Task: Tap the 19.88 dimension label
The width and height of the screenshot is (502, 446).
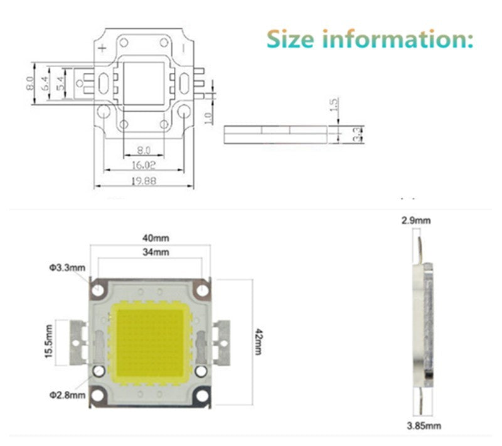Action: coord(144,181)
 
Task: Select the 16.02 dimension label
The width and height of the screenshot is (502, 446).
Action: coord(144,166)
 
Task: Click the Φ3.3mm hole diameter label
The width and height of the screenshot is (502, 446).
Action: coord(67,268)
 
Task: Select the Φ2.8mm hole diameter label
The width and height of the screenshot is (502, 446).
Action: coord(67,395)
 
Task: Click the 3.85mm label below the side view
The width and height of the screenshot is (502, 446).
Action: coord(425,426)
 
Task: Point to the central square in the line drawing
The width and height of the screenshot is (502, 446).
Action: coord(144,82)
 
